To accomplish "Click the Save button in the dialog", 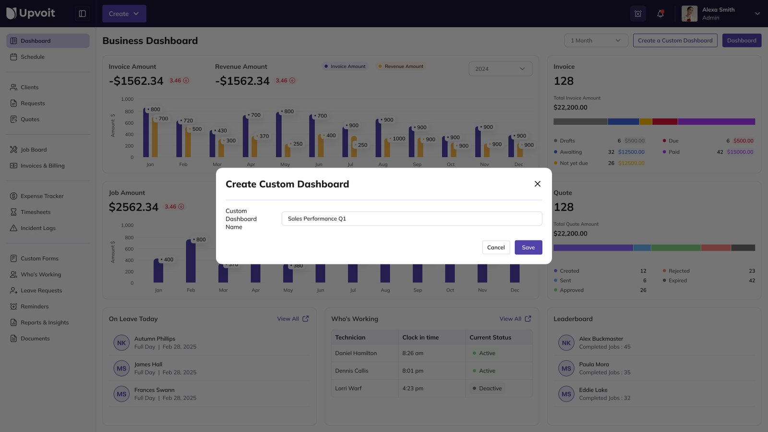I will (528, 247).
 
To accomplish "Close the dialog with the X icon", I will (537, 184).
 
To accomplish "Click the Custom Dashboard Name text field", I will (411, 218).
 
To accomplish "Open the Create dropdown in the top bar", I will (124, 13).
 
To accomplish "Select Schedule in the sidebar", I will (33, 57).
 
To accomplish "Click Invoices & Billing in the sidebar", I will (42, 166).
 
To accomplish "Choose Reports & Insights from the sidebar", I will (44, 323).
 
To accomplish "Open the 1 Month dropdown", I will (596, 40).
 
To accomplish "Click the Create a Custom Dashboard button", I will (675, 40).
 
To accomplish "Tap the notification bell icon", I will (660, 13).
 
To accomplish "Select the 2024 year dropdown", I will (500, 69).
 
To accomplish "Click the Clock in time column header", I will (420, 337).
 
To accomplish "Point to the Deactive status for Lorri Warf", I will (490, 388).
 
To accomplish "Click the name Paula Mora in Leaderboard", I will (594, 364).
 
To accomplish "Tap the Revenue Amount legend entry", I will (403, 66).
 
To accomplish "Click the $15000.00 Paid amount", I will (740, 152).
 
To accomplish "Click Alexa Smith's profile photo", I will (689, 13).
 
